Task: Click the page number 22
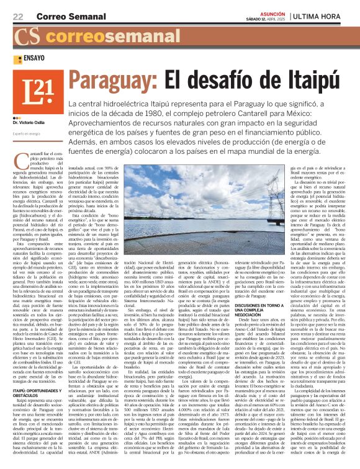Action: (18, 16)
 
